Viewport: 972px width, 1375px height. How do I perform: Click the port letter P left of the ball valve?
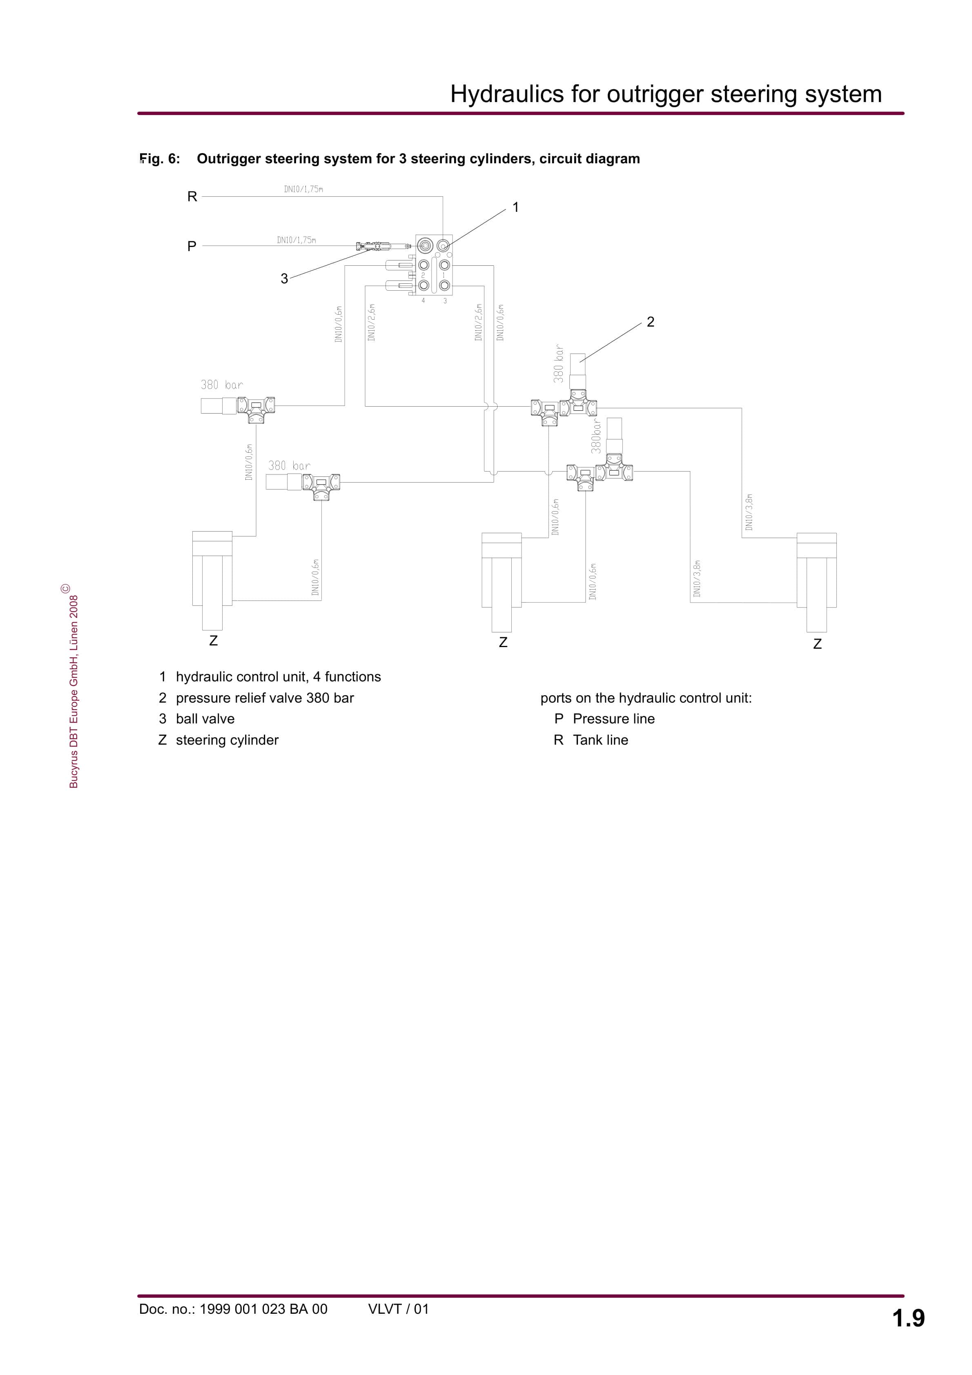[x=192, y=246]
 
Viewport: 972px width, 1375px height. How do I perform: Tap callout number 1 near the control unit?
[x=515, y=207]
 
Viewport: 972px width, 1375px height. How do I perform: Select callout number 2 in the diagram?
[x=650, y=322]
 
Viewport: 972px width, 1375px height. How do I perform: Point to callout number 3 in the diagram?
[x=284, y=278]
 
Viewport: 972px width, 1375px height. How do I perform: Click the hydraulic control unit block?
[x=434, y=265]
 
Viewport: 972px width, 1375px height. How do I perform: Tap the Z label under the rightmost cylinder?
[x=817, y=644]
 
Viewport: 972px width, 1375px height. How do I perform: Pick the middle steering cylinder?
[x=502, y=581]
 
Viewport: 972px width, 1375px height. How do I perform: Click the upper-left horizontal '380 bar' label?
[x=222, y=385]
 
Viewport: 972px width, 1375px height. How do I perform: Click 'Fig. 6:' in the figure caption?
[x=160, y=159]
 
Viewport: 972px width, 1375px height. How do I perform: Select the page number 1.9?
[x=908, y=1318]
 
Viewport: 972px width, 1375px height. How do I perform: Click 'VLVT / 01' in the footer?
[x=399, y=1309]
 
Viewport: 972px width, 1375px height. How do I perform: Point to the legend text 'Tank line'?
[x=600, y=740]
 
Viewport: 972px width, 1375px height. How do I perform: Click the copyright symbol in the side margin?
[x=65, y=589]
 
